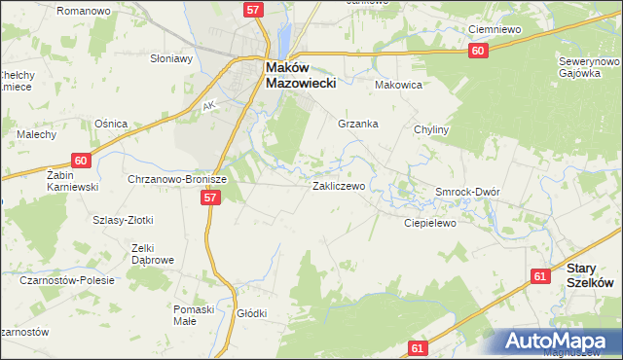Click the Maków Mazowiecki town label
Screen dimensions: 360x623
tap(301, 75)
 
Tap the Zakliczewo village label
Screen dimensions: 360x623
tap(339, 185)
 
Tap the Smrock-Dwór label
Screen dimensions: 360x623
tap(467, 192)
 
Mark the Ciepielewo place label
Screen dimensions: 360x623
tap(430, 223)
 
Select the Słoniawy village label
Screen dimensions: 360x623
tap(170, 58)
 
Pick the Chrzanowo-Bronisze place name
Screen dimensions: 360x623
tap(177, 180)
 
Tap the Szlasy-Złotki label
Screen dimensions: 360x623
tap(123, 221)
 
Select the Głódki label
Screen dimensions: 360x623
tap(251, 313)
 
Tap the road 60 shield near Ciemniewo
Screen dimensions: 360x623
tap(476, 51)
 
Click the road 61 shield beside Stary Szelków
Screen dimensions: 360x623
tap(540, 276)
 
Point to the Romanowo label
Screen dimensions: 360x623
tap(83, 10)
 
